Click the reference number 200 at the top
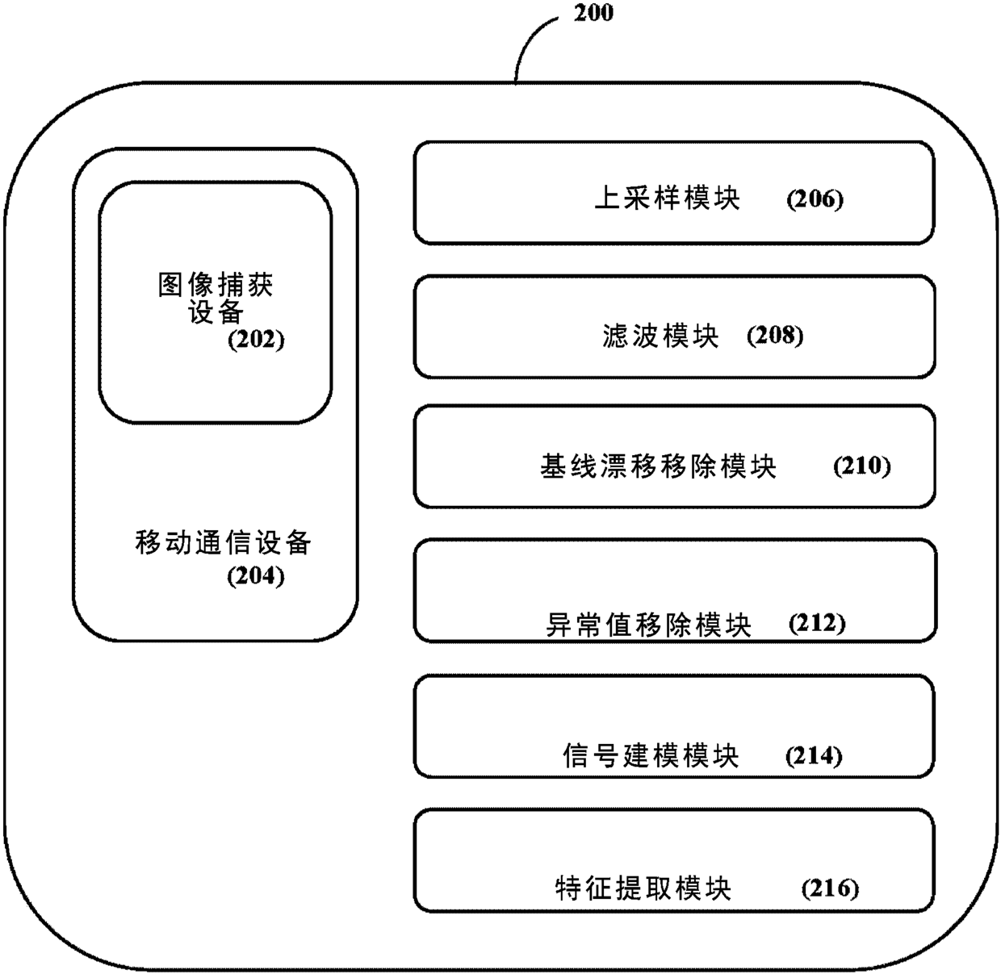[593, 13]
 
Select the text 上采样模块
[667, 198]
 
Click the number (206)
[815, 199]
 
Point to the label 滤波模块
[660, 335]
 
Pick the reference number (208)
[775, 335]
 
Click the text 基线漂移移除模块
[658, 466]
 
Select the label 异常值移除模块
[649, 625]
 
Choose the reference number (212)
[817, 623]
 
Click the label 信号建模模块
[651, 756]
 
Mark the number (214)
[814, 756]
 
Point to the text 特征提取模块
[643, 888]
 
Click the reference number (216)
[830, 888]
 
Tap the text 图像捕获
[216, 284]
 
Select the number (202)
[256, 339]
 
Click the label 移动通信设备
[223, 542]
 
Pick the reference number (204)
[256, 576]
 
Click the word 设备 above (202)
[216, 311]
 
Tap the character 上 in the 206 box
[607, 198]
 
